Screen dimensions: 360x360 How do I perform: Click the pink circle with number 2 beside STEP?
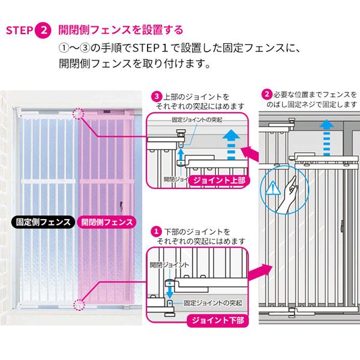coord(43,30)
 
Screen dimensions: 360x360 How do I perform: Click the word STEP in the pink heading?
coord(20,31)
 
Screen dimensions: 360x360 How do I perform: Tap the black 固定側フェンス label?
coord(43,222)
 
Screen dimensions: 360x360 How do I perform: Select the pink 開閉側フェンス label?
coord(107,222)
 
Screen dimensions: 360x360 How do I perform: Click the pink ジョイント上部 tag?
coord(219,181)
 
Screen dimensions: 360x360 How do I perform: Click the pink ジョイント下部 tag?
coord(218,320)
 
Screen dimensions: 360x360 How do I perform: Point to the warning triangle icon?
coord(272,188)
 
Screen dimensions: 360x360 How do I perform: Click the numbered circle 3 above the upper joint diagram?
coord(157,96)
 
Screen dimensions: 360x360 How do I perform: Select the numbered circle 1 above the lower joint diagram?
coord(156,231)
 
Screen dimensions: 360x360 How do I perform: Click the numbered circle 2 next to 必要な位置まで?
coord(267,94)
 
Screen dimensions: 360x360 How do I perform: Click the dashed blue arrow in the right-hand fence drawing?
coord(326,137)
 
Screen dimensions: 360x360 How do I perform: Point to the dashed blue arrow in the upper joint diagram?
coord(231,145)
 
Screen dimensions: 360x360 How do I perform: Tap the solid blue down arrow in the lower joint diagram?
coord(169,290)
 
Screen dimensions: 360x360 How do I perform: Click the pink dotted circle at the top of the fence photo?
coord(78,113)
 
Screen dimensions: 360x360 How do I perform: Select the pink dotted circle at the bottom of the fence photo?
coord(79,305)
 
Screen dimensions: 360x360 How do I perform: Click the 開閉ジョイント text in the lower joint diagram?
coord(169,265)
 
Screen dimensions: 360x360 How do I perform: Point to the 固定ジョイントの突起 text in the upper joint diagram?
coord(197,120)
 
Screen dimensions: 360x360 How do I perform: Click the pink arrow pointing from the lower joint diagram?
coord(260,272)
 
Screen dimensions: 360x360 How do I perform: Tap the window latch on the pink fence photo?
coord(121,206)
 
